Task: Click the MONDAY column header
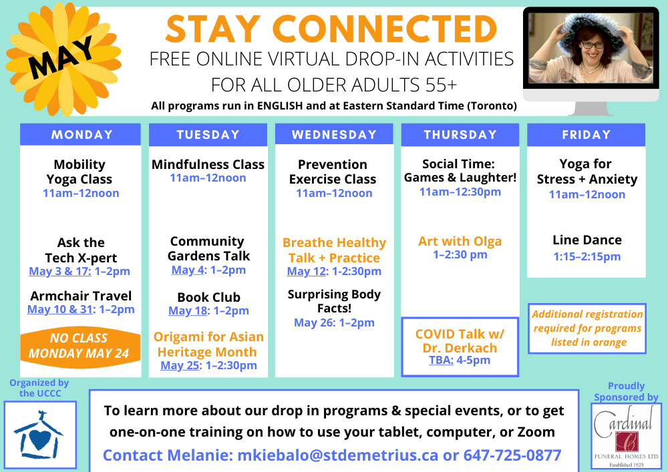pyautogui.click(x=81, y=135)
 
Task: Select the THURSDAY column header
pyautogui.click(x=460, y=135)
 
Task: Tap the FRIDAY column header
pyautogui.click(x=586, y=135)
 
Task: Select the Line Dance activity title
pyautogui.click(x=587, y=240)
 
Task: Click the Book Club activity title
pyautogui.click(x=208, y=297)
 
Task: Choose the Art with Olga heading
pyautogui.click(x=460, y=241)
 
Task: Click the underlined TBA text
pyautogui.click(x=441, y=361)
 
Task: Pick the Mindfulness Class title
pyautogui.click(x=208, y=164)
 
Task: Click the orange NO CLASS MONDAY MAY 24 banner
pyautogui.click(x=79, y=346)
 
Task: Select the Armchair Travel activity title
pyautogui.click(x=81, y=296)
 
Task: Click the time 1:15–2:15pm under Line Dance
pyautogui.click(x=587, y=256)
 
